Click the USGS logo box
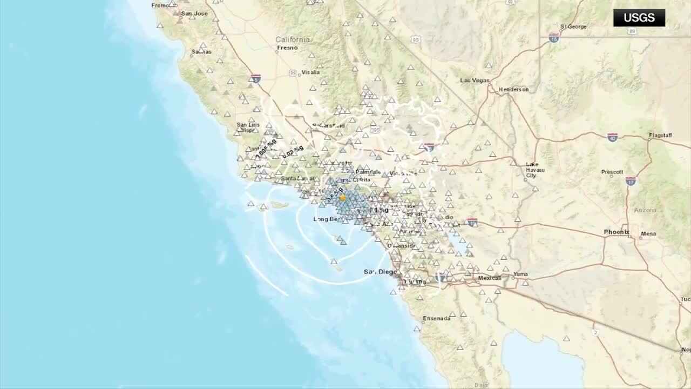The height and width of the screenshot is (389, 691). pyautogui.click(x=639, y=18)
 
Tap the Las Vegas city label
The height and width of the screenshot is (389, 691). pyautogui.click(x=475, y=81)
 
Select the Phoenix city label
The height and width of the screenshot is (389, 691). pyautogui.click(x=617, y=232)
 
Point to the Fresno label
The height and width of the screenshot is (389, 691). pyautogui.click(x=288, y=48)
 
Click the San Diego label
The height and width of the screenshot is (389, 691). pyautogui.click(x=380, y=272)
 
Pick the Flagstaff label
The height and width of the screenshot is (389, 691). pyautogui.click(x=660, y=135)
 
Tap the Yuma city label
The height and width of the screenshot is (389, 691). pyautogui.click(x=520, y=274)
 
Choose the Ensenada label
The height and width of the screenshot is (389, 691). pyautogui.click(x=436, y=318)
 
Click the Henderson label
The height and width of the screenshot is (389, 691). pyautogui.click(x=513, y=90)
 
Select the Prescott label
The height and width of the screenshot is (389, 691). pyautogui.click(x=612, y=172)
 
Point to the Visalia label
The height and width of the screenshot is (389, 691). pyautogui.click(x=310, y=72)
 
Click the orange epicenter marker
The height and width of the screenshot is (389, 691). pyautogui.click(x=342, y=198)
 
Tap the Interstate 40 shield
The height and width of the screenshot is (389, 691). pyautogui.click(x=612, y=138)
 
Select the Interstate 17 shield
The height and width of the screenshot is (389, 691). pyautogui.click(x=631, y=181)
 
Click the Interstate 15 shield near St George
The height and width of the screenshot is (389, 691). pyautogui.click(x=553, y=38)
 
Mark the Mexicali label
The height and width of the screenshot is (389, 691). pyautogui.click(x=490, y=278)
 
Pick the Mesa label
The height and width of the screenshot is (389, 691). pyautogui.click(x=648, y=234)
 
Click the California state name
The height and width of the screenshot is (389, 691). pyautogui.click(x=293, y=39)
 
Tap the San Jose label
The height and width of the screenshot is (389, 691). pyautogui.click(x=194, y=14)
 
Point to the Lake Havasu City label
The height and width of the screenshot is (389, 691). pyautogui.click(x=535, y=170)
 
